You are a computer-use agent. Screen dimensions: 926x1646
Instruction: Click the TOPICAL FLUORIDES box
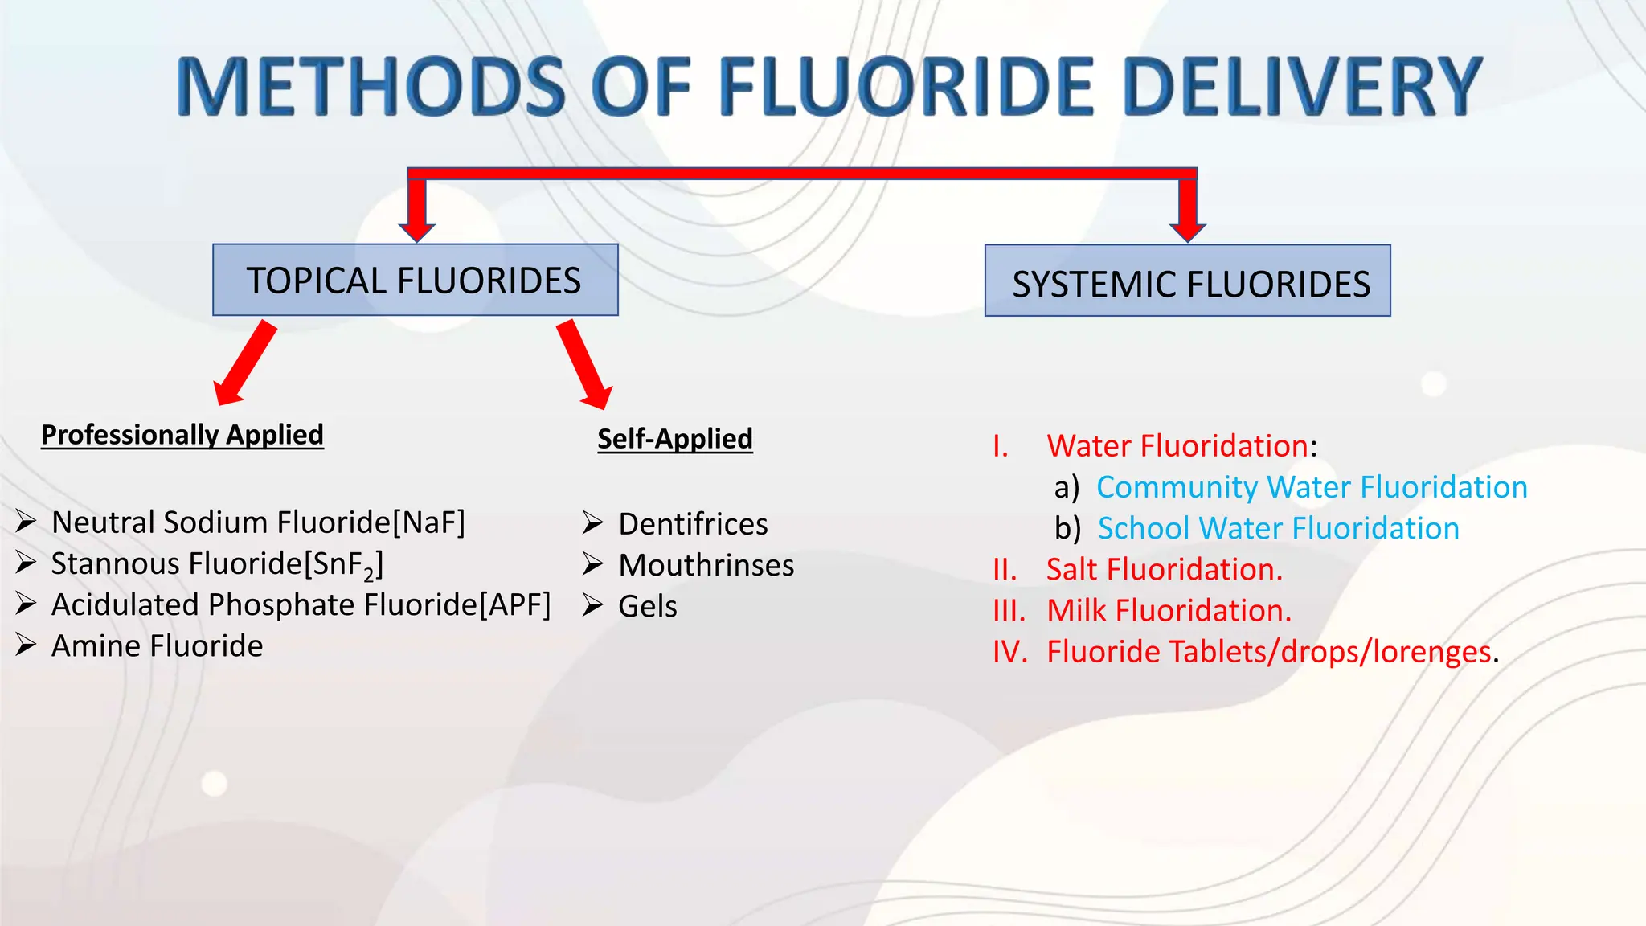(415, 281)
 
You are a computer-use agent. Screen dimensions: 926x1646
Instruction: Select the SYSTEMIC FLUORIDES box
(1187, 281)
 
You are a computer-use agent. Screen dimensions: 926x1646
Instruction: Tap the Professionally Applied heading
(182, 435)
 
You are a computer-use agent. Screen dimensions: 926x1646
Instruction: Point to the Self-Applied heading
(674, 439)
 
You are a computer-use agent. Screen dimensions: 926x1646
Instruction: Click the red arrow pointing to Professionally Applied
(244, 363)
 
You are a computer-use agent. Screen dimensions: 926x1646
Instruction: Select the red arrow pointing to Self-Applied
(585, 365)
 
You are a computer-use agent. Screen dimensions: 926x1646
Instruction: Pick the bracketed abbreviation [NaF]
(428, 522)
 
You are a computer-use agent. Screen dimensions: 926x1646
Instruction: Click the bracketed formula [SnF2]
(343, 564)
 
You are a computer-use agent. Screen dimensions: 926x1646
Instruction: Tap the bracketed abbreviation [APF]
(514, 605)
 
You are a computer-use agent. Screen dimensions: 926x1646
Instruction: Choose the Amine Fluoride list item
(157, 646)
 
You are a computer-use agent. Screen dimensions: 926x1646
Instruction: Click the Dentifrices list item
(693, 524)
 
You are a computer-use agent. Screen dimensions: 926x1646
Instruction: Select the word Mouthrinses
(706, 565)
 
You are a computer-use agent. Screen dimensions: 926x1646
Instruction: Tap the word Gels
(647, 606)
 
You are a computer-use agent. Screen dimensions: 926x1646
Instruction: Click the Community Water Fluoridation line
(1312, 487)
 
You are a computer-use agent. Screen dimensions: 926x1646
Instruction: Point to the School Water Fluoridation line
(1278, 528)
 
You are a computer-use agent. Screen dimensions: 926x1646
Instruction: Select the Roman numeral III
(1009, 611)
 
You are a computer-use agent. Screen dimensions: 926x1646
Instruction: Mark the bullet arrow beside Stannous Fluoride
(26, 563)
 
